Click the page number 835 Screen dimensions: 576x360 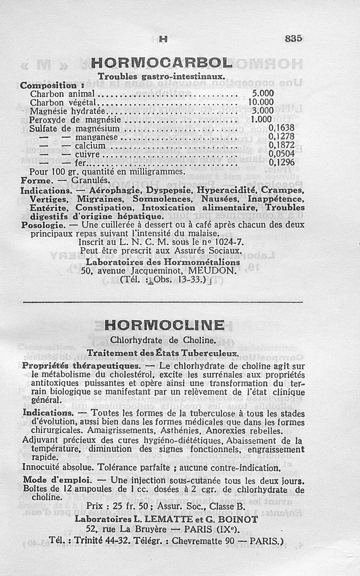tap(293, 39)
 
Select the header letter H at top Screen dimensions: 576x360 tap(163, 40)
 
